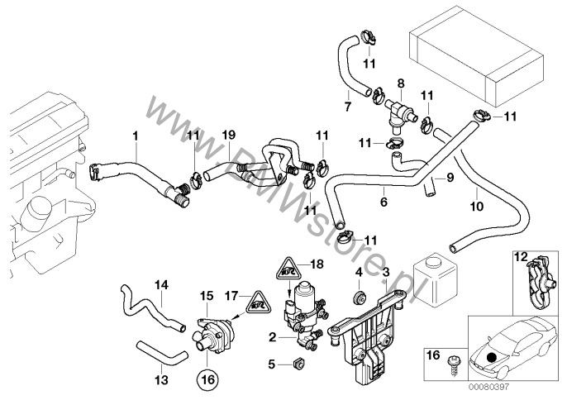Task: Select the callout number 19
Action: point(229,134)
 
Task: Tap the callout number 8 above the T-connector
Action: point(400,83)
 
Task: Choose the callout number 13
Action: point(160,380)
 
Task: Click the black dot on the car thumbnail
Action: point(493,358)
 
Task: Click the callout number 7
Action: point(347,107)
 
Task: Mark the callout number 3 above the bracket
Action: point(385,272)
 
